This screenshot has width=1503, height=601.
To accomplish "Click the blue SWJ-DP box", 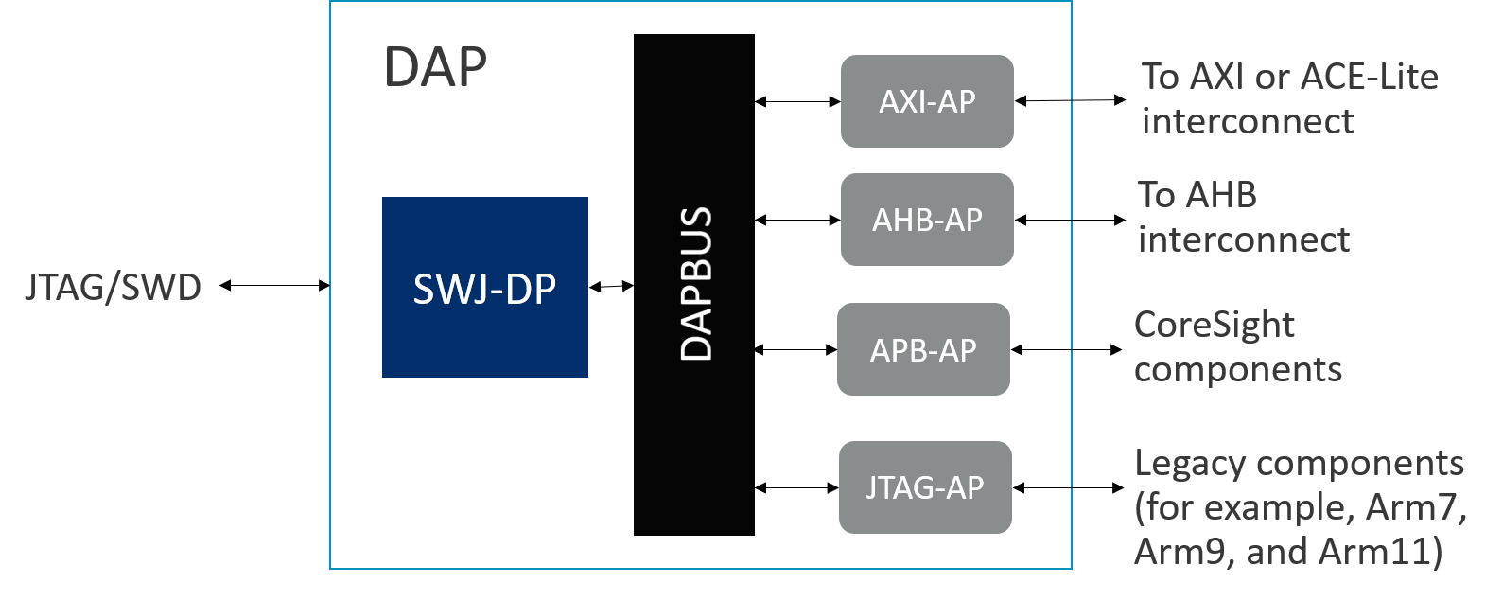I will point(484,287).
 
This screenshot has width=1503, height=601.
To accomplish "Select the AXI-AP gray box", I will point(927,101).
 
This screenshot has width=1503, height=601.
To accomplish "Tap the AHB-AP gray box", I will point(927,220).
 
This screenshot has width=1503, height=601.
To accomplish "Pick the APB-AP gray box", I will point(923,349).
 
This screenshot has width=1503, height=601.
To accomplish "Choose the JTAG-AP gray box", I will point(925,487).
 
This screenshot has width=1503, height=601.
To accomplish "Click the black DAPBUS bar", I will point(694,284).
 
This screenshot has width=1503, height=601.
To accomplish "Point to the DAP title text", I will point(435,67).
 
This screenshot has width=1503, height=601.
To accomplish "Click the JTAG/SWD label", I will point(113,287).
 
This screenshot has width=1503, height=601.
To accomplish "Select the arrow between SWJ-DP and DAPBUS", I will point(611,286).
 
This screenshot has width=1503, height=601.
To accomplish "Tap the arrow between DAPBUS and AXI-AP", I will point(797,101).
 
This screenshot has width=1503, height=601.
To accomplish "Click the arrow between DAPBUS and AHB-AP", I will point(797,220).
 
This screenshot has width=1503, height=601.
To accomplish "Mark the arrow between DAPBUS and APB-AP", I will point(795,349).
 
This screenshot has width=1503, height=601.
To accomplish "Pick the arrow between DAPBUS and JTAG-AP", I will point(796,487).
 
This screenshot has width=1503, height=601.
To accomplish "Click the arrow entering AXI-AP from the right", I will point(1042,100).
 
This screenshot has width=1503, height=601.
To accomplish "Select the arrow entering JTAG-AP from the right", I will point(1041,487).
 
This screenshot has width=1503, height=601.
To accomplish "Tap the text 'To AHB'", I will point(1197,195).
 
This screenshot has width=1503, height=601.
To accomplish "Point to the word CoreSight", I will point(1215,325).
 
